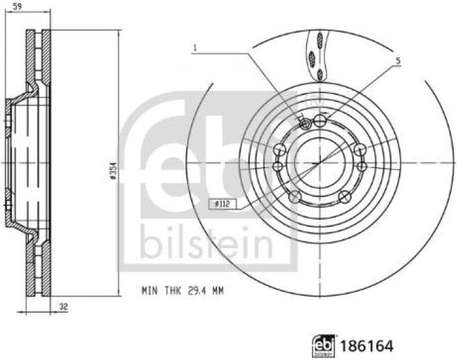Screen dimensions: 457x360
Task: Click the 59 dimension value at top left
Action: (x=18, y=6)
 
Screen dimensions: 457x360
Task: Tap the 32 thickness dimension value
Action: (x=64, y=307)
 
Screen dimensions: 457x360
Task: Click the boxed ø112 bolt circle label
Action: (x=223, y=204)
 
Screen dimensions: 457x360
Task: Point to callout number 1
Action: (x=195, y=48)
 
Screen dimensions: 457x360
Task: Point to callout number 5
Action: (x=398, y=61)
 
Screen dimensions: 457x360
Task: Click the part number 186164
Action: (x=367, y=346)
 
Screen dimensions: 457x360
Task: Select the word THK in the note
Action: (x=173, y=290)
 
